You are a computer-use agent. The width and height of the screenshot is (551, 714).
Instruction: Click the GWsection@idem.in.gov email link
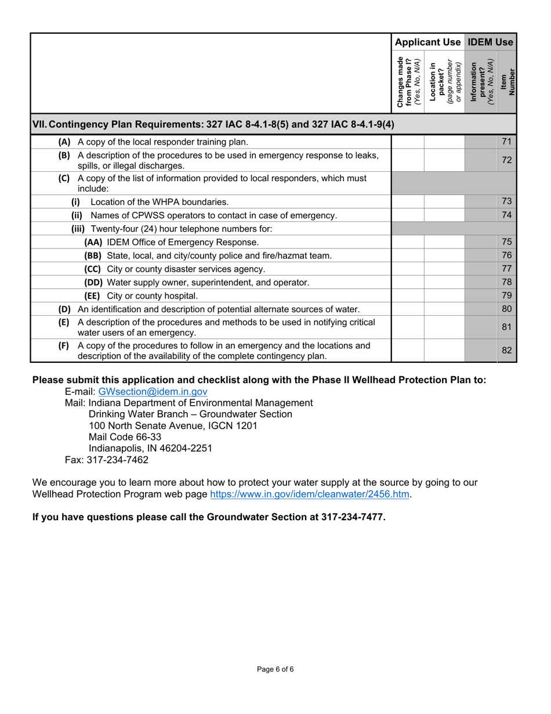(153, 392)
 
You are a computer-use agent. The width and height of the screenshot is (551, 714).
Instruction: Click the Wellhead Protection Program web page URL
(310, 494)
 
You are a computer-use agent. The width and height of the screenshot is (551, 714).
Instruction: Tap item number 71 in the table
(506, 142)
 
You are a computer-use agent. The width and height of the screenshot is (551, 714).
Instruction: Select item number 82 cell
(506, 350)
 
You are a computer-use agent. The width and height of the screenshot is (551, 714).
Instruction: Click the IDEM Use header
(490, 42)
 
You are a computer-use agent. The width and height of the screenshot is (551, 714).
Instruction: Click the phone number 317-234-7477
(353, 517)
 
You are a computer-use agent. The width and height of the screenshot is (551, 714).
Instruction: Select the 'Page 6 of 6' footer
(275, 669)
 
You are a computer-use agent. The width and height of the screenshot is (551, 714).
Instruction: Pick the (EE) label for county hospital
(92, 295)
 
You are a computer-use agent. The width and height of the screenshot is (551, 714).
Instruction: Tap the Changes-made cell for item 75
(408, 242)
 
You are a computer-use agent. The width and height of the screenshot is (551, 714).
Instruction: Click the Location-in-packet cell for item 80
(444, 309)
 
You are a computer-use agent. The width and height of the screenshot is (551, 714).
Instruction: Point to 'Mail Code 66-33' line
(125, 437)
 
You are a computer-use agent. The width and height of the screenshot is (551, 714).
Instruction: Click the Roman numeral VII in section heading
(41, 124)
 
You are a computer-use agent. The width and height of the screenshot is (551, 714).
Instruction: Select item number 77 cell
(506, 269)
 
